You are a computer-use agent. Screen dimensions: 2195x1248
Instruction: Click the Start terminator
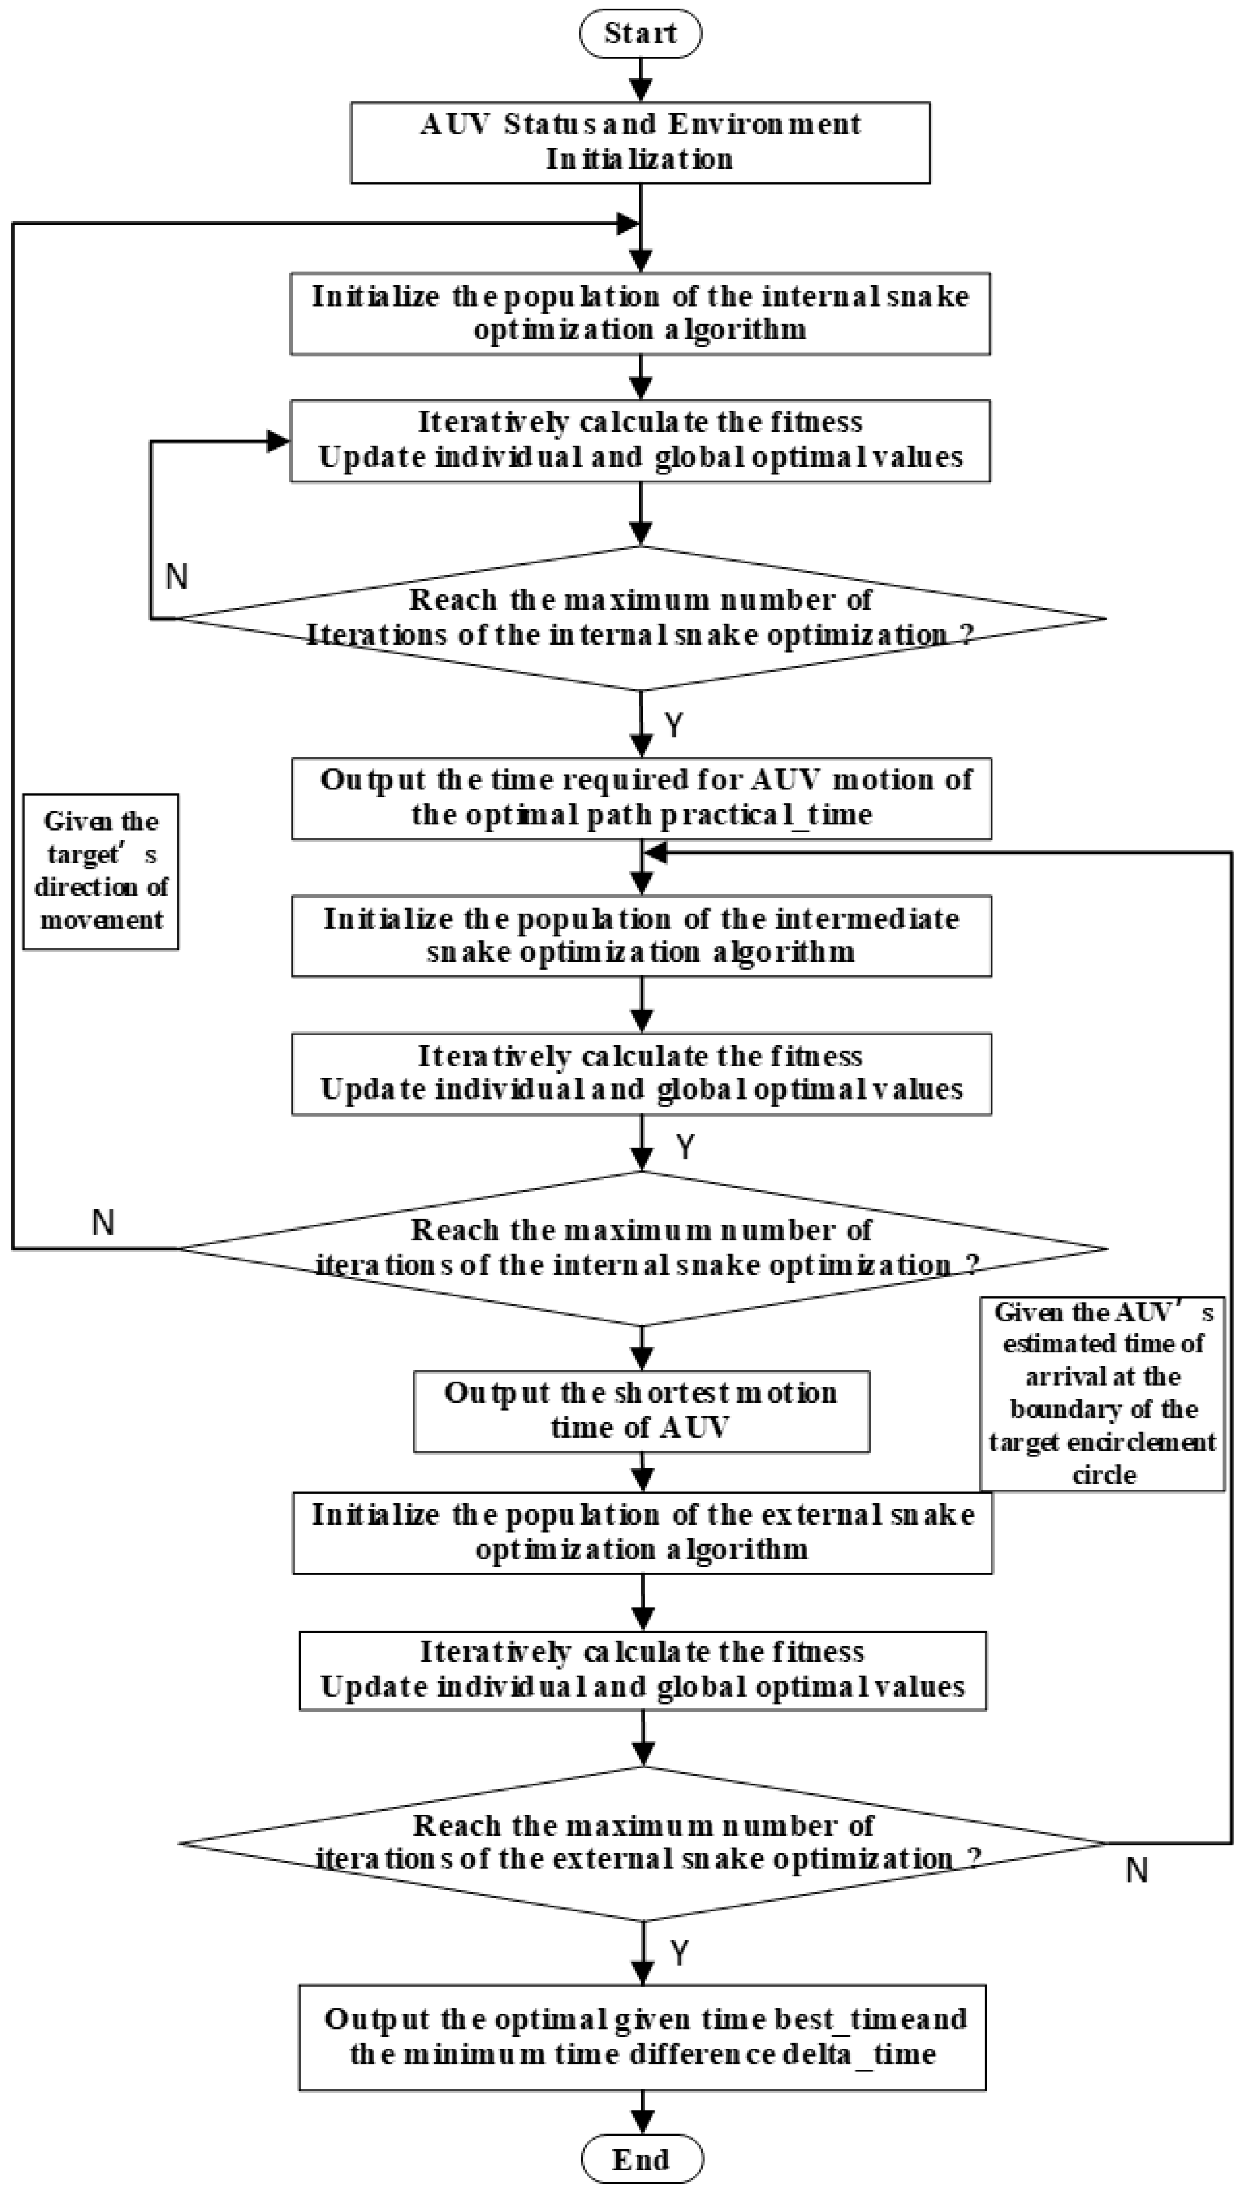click(x=640, y=33)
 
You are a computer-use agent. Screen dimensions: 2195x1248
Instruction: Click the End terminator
click(x=642, y=2159)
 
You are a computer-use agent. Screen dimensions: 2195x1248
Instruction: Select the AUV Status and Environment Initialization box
click(x=640, y=142)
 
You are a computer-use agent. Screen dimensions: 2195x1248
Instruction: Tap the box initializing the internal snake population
click(x=640, y=313)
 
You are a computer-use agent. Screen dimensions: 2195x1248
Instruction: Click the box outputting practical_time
click(x=641, y=797)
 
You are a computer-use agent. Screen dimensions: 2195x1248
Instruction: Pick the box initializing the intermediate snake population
click(x=641, y=935)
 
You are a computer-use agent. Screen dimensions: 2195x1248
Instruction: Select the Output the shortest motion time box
click(x=641, y=1411)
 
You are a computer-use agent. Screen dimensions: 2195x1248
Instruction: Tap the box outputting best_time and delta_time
click(x=642, y=2037)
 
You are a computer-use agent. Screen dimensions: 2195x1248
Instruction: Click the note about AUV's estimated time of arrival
click(x=1102, y=1394)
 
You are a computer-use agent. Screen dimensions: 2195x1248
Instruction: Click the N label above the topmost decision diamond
click(x=177, y=576)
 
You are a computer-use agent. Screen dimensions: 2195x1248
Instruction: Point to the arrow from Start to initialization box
click(x=640, y=81)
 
